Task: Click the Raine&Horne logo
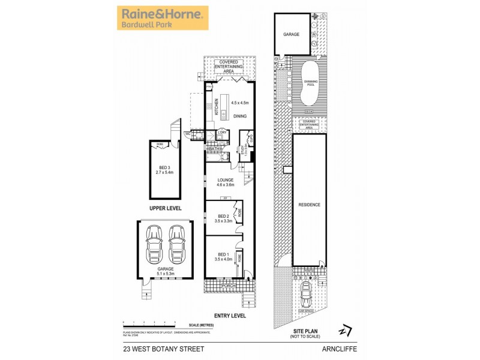pyautogui.click(x=162, y=17)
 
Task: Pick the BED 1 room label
pyautogui.click(x=223, y=257)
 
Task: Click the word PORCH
pyautogui.click(x=228, y=286)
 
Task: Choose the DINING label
pyautogui.click(x=240, y=116)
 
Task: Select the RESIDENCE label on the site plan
pyautogui.click(x=310, y=205)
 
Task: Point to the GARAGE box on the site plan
pyautogui.click(x=292, y=34)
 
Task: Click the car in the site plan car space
pyautogui.click(x=306, y=294)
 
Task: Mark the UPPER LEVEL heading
pyautogui.click(x=165, y=208)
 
